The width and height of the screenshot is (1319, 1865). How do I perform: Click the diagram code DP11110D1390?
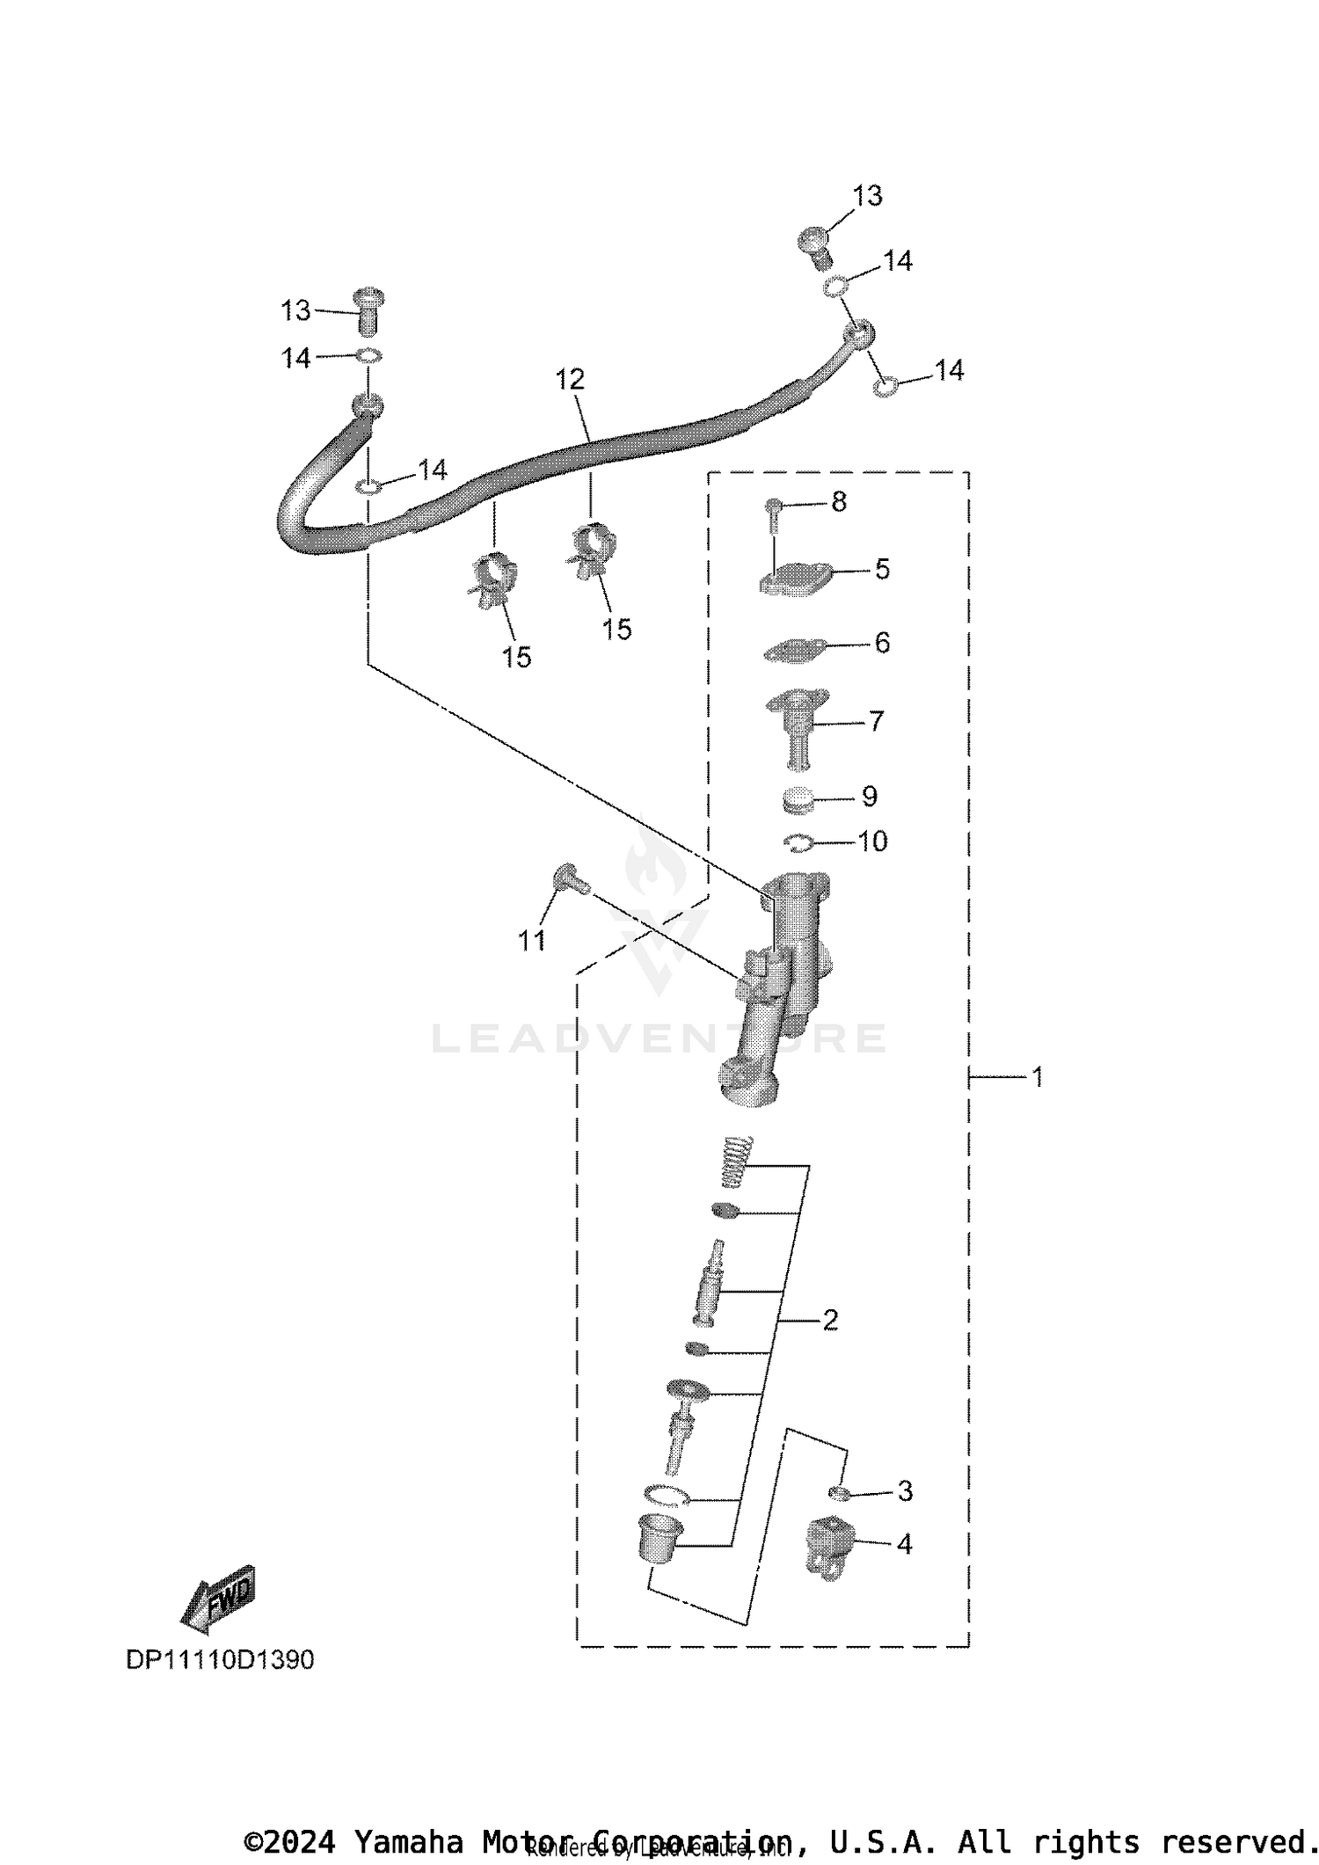(x=220, y=1660)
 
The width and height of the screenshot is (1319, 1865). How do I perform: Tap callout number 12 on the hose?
(x=570, y=380)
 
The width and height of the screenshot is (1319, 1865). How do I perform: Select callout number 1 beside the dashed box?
(x=1038, y=1076)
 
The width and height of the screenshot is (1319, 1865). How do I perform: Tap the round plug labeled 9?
(x=797, y=799)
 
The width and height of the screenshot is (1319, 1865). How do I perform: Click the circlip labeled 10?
(x=798, y=842)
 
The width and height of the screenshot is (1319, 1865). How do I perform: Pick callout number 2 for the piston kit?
(x=829, y=1320)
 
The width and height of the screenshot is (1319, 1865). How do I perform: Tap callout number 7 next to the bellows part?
(x=876, y=721)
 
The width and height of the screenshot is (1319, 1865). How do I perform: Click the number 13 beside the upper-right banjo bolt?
(x=867, y=196)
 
